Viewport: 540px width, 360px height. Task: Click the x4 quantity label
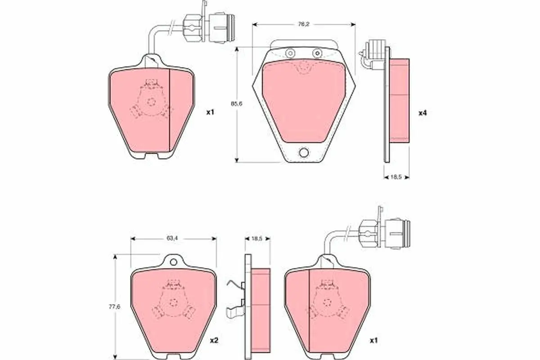[422, 112]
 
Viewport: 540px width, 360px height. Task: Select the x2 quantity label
[214, 340]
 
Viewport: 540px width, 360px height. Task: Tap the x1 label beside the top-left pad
[210, 112]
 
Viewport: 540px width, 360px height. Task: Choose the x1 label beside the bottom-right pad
[373, 340]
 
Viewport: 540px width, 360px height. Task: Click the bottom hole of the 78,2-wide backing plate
[304, 153]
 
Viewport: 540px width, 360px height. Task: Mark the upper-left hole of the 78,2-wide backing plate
[290, 53]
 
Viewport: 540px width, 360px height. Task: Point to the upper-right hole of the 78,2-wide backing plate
[318, 53]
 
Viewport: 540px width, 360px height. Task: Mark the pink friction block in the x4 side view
[399, 100]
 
